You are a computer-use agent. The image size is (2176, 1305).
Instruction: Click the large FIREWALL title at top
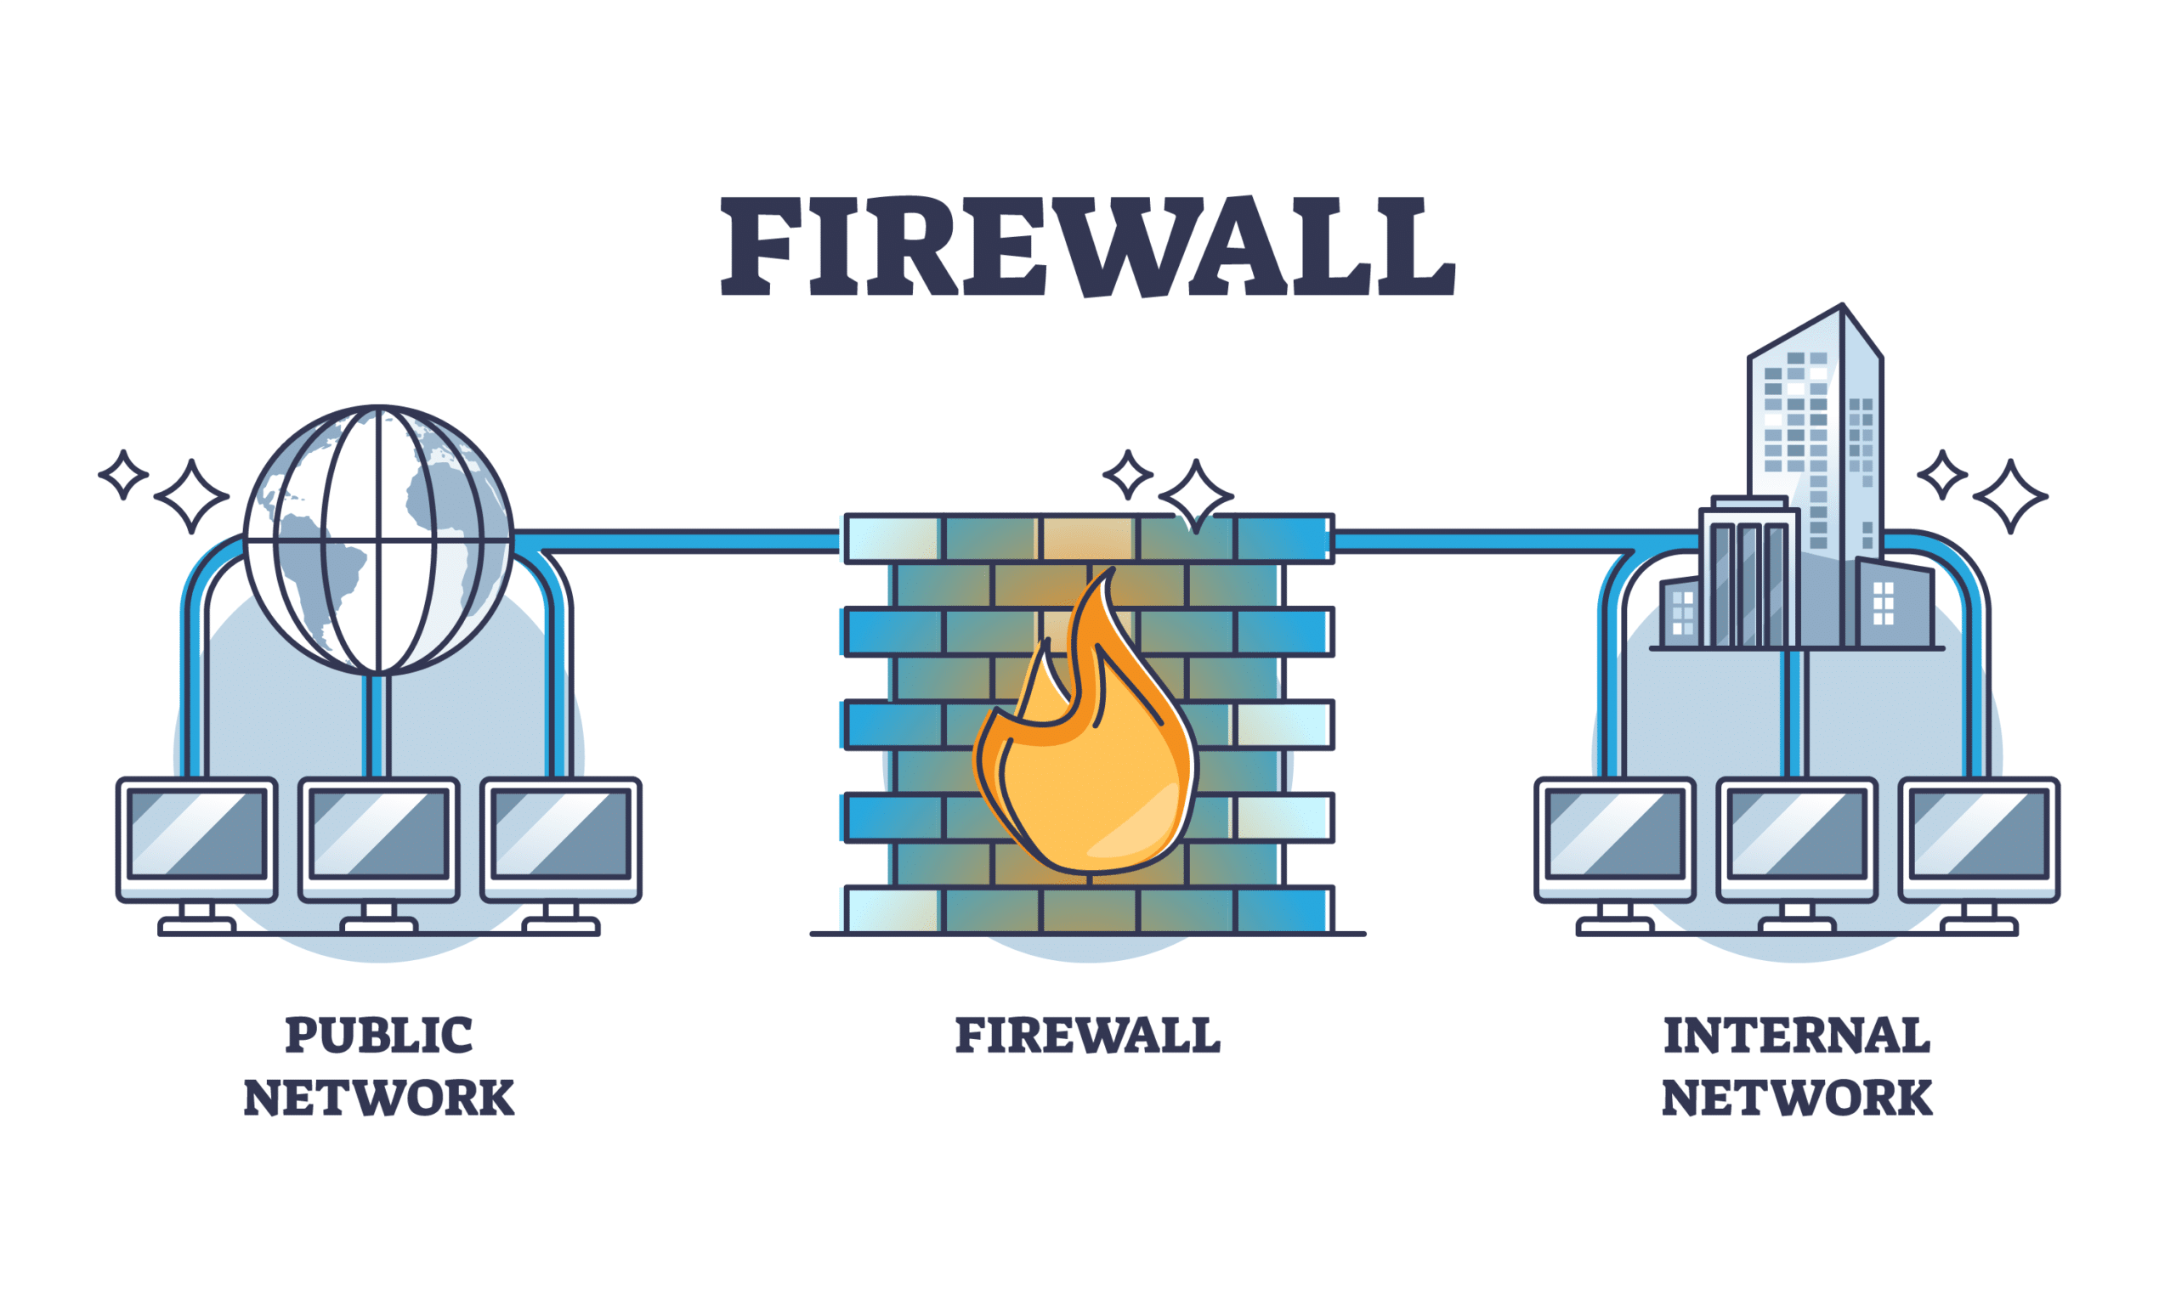pos(1087,246)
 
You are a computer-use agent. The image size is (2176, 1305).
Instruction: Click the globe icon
pos(378,540)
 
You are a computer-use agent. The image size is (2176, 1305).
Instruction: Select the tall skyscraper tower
pos(1815,431)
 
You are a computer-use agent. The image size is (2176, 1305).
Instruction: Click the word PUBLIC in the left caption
pos(378,1035)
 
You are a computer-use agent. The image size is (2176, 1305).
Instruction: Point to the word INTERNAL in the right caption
pos(1797,1035)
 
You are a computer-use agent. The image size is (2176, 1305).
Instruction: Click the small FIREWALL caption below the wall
pos(1087,1035)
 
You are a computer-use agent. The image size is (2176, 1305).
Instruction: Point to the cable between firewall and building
pos(1495,541)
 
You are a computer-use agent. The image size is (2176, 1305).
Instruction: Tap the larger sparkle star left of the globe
pos(192,496)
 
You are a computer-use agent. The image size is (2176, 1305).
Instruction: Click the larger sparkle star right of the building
pos(2010,496)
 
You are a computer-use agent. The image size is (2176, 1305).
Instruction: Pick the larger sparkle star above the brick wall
pos(1195,496)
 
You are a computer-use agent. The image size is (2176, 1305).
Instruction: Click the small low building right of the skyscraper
pos(1896,605)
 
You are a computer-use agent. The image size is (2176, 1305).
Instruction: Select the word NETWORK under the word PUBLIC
pos(378,1099)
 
